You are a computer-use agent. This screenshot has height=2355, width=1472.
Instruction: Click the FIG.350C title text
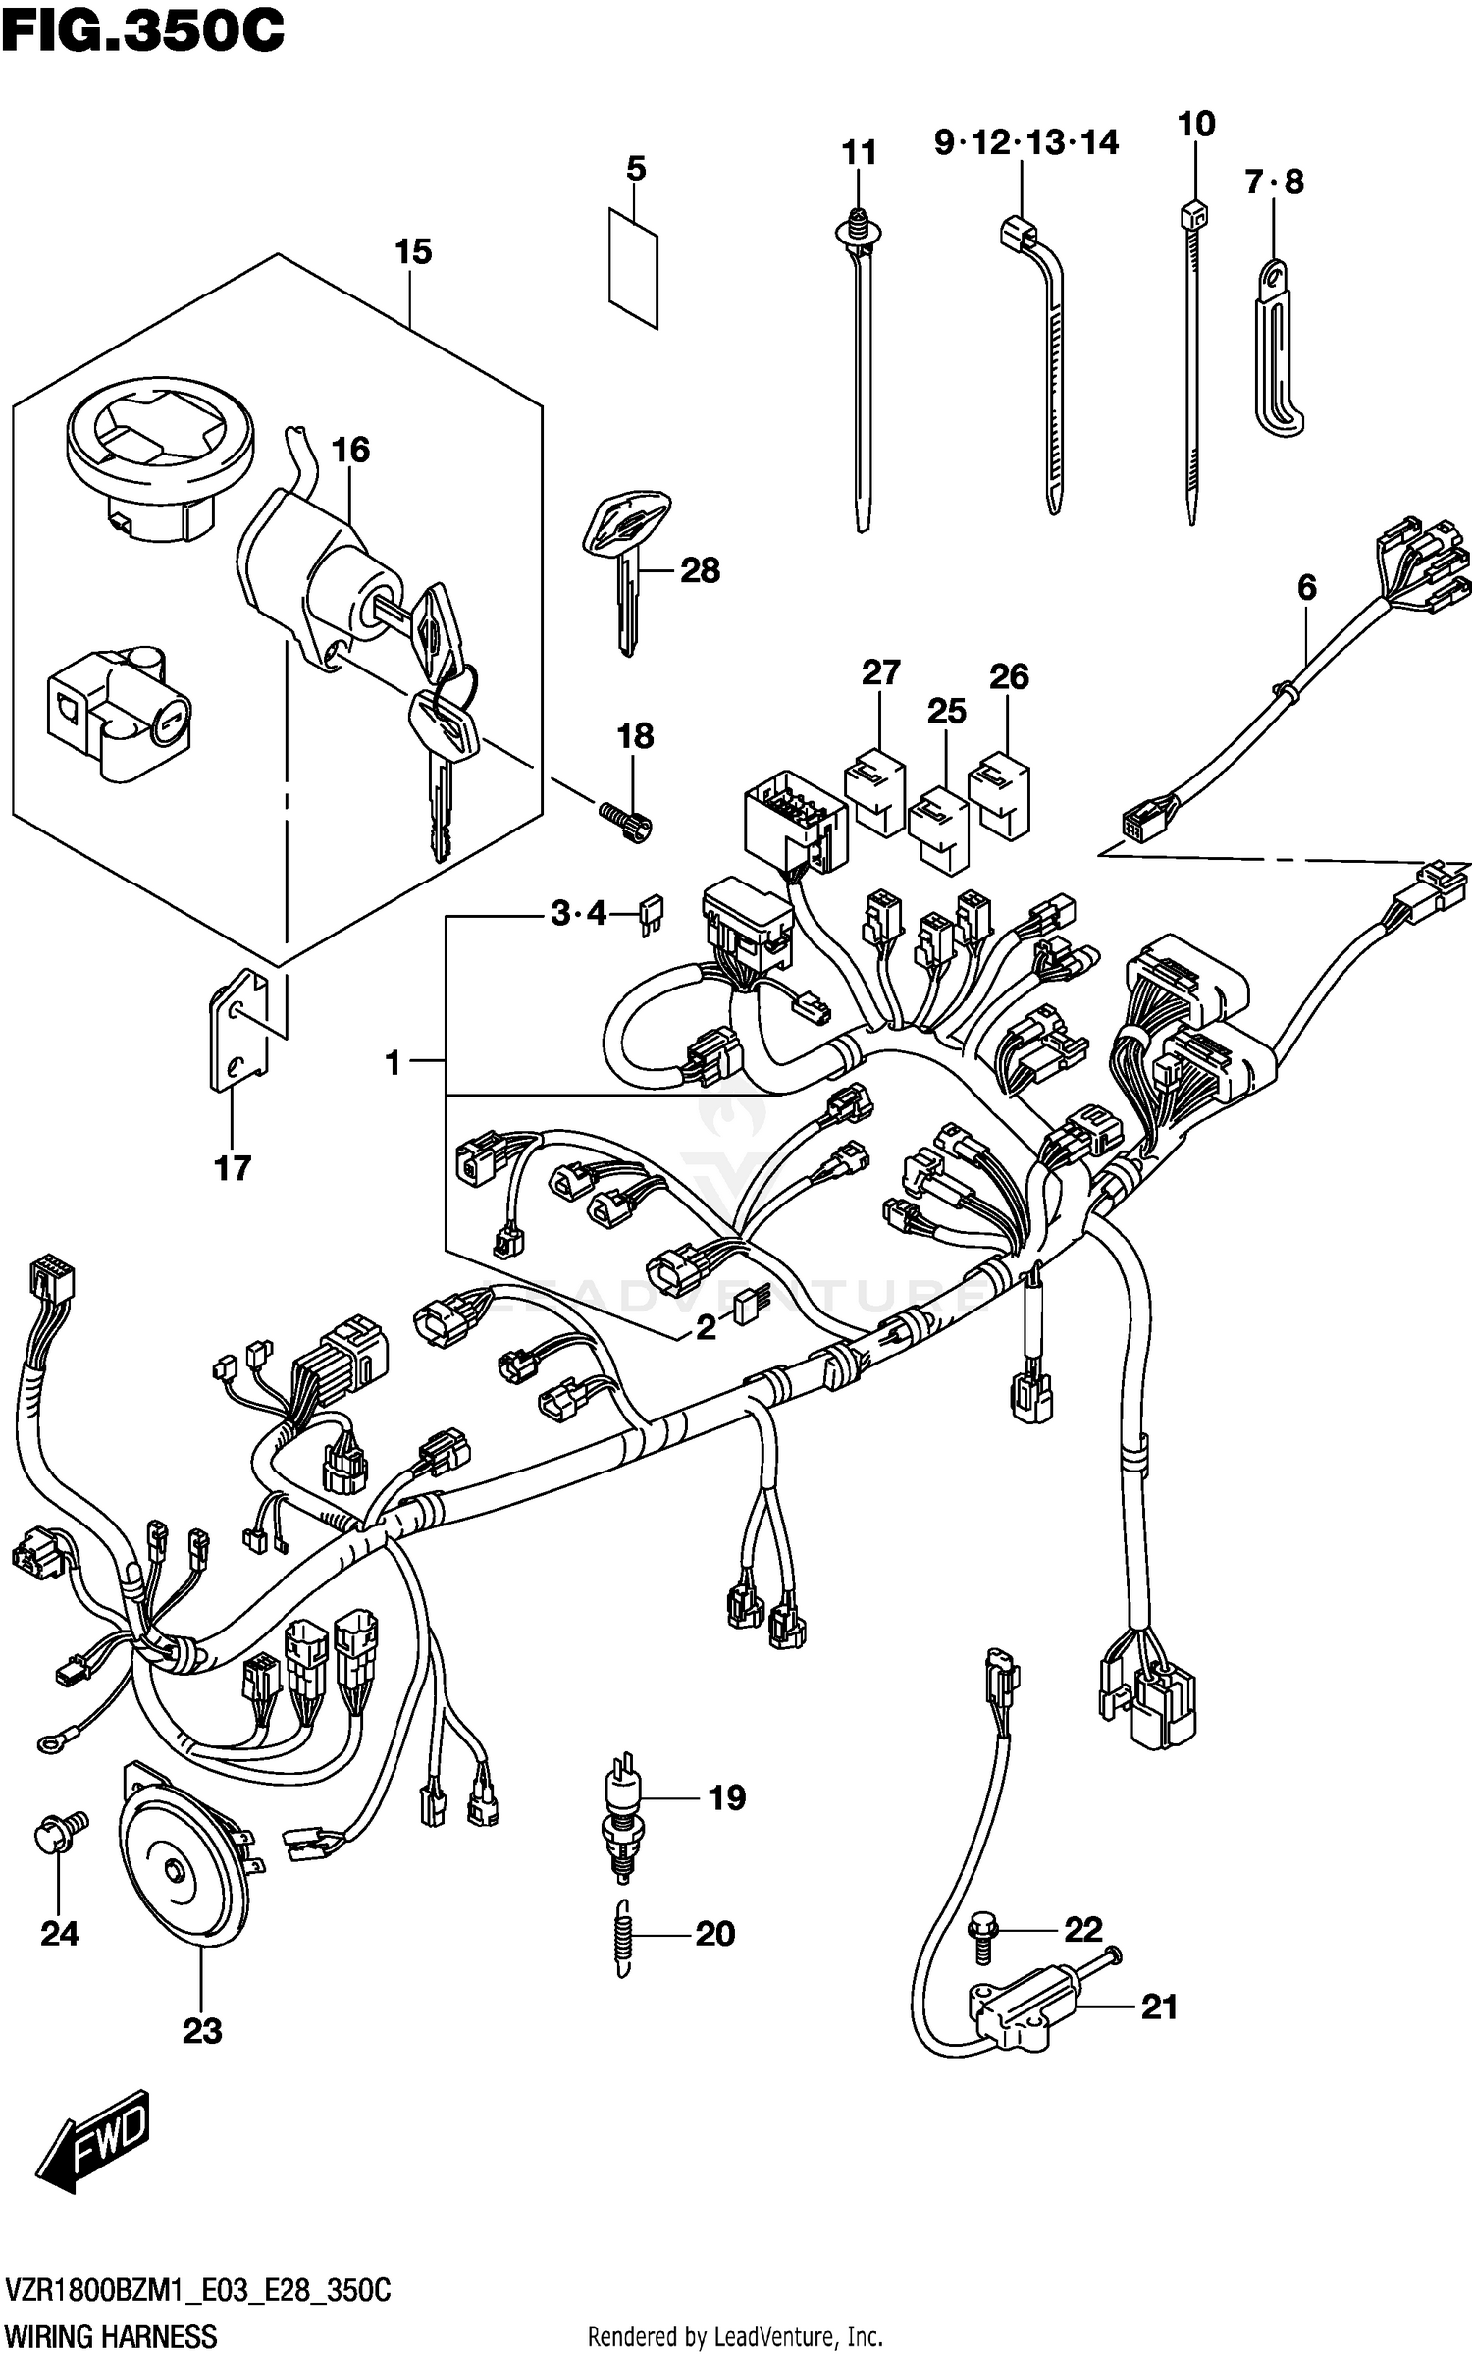pos(142,31)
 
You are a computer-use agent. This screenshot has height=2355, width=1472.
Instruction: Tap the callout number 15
pos(413,252)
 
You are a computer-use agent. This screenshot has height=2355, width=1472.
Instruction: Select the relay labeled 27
pos(875,791)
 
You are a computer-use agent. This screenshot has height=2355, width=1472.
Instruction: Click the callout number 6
pos(1306,587)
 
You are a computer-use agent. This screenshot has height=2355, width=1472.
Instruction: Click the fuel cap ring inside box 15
pos(159,455)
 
